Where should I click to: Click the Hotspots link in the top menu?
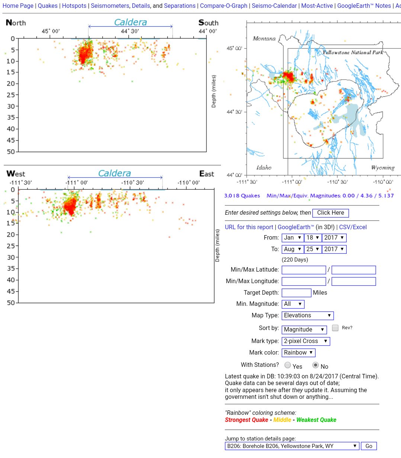click(74, 6)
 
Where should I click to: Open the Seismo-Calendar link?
click(274, 6)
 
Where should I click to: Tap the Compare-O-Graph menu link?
click(224, 6)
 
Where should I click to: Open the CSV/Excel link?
click(353, 227)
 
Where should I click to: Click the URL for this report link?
click(249, 227)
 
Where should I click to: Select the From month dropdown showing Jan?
click(293, 238)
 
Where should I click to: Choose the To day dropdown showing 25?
click(313, 249)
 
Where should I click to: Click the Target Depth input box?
click(296, 293)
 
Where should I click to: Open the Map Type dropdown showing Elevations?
click(308, 316)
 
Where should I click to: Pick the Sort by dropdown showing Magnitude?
click(304, 330)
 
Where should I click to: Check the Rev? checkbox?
click(335, 328)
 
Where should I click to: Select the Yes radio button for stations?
click(288, 365)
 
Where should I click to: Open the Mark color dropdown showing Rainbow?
click(298, 353)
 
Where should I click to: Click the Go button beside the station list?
click(369, 446)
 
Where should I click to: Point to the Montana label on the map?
click(264, 38)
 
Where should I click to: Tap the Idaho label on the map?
click(264, 167)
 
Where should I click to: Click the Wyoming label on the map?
click(383, 167)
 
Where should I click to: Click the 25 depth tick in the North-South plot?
click(11, 95)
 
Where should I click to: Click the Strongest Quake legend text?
click(246, 420)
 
